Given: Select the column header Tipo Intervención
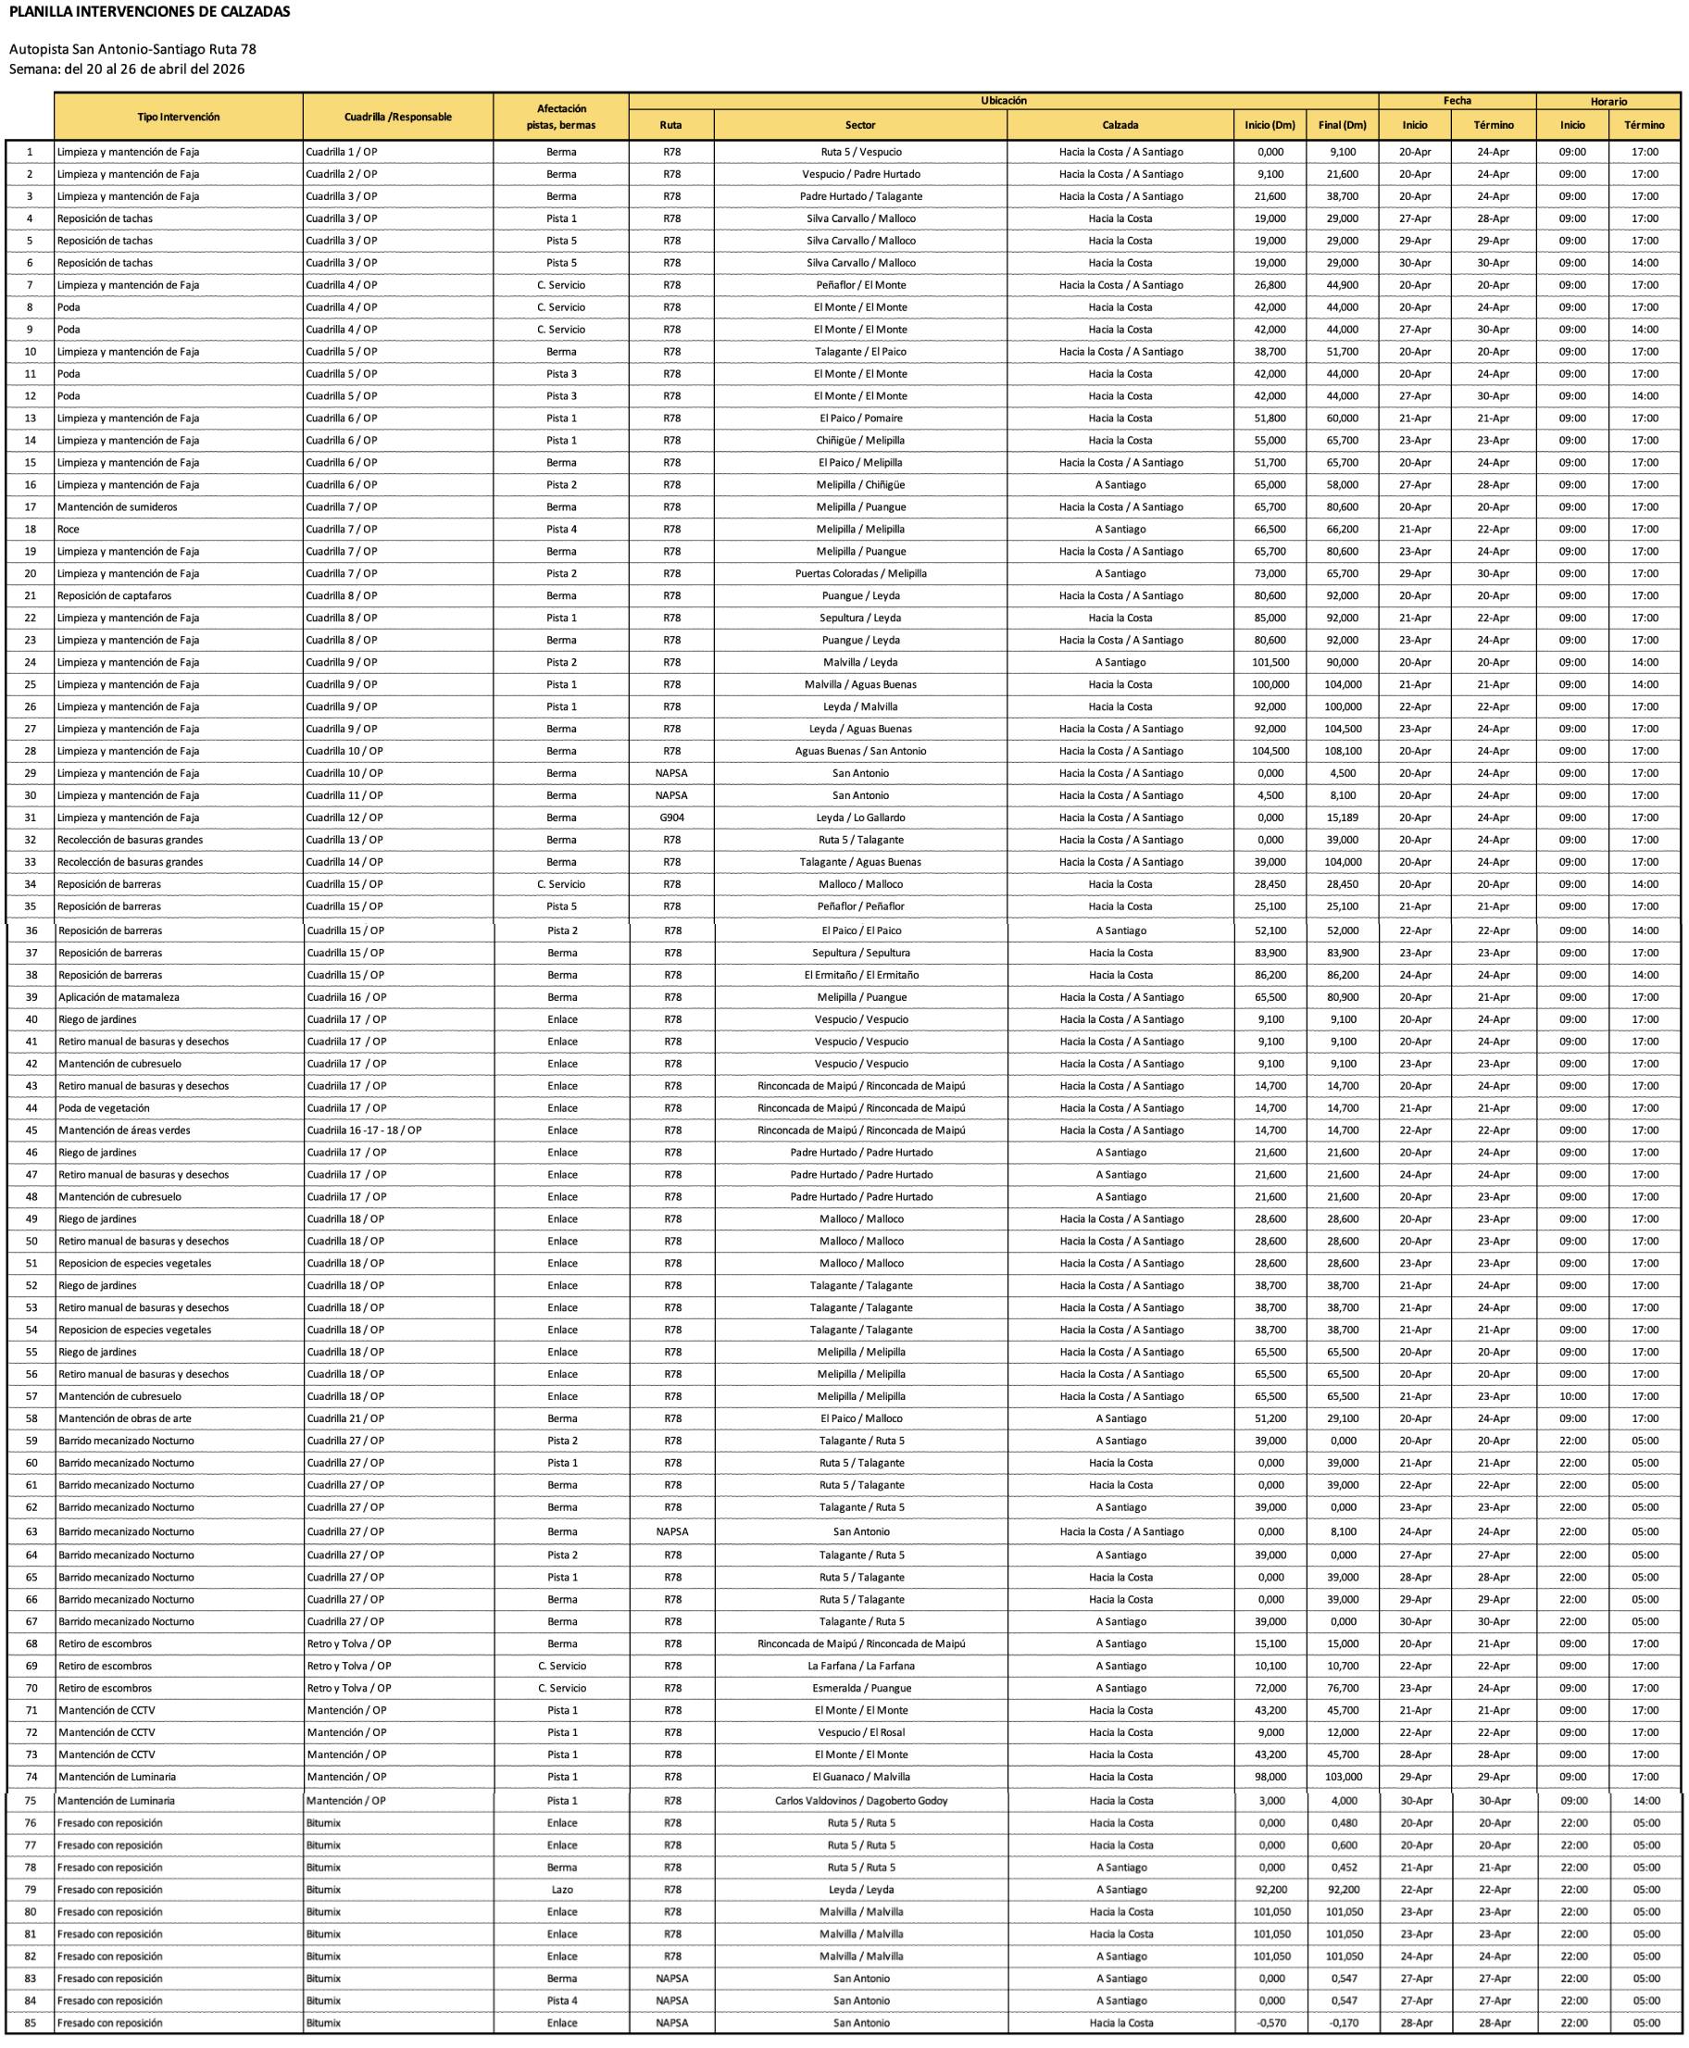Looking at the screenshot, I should point(178,117).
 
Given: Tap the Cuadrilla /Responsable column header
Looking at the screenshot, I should point(398,117).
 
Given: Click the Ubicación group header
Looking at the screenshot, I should point(1003,101).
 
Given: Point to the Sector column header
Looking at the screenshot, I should point(860,126).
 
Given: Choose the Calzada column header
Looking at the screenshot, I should point(1120,126).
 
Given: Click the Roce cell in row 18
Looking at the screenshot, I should point(69,530).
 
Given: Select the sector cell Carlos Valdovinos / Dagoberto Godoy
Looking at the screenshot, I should point(861,1801).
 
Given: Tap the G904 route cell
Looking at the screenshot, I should point(671,818).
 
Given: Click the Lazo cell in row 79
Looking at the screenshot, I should point(561,1890).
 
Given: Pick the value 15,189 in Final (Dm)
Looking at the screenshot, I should point(1343,818).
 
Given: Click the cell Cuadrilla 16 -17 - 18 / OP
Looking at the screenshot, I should point(364,1130).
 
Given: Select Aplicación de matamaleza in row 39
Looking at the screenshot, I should point(119,997).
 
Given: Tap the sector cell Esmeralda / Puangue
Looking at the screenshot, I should point(861,1688).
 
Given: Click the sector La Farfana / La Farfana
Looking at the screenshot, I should point(861,1666).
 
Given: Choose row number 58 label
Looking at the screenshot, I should point(31,1418).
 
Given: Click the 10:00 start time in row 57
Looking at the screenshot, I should point(1572,1396).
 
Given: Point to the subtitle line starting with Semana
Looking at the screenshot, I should point(127,69).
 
